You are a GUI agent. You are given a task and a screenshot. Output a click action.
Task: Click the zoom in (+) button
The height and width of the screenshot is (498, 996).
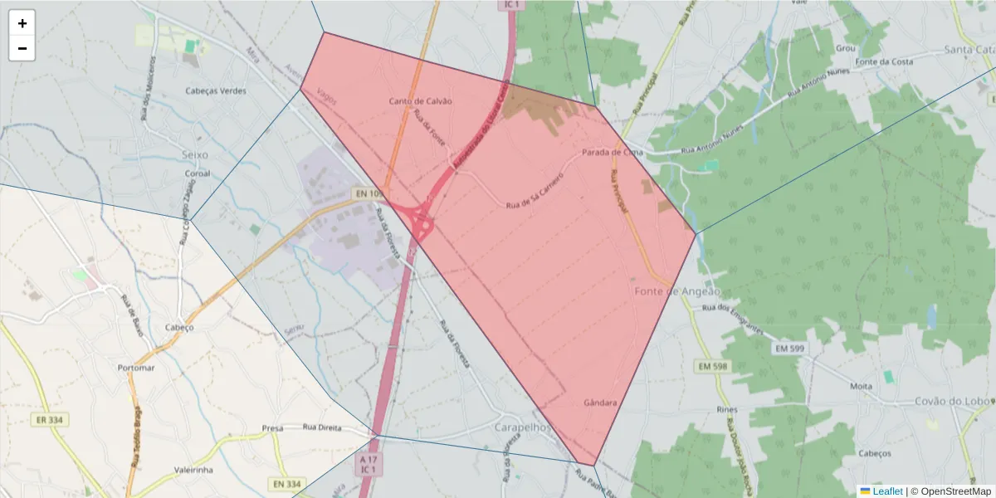(22, 23)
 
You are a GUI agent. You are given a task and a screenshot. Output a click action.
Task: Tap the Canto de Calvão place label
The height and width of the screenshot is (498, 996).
(420, 101)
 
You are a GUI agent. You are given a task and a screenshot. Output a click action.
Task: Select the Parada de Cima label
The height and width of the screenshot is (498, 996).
(613, 153)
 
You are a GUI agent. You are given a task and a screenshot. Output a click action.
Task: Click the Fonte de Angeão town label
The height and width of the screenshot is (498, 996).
(677, 292)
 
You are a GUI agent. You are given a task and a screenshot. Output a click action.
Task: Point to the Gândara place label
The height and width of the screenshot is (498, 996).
(600, 403)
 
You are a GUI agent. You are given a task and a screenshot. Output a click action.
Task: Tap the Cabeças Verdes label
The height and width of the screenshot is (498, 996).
(216, 91)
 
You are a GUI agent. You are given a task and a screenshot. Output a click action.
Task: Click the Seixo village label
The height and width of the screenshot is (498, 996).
(194, 155)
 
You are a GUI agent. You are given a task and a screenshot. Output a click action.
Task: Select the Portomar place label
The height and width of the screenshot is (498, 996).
(136, 368)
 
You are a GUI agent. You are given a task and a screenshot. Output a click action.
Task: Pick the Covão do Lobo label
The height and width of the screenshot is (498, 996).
(952, 402)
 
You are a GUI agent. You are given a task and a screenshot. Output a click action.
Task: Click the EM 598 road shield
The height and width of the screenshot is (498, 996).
(712, 366)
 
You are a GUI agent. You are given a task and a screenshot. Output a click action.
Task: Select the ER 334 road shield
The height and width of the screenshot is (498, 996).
(50, 420)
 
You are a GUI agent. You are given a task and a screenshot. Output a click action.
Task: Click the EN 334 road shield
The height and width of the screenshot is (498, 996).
(287, 484)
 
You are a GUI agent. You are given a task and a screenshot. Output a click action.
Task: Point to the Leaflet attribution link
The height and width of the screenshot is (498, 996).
(886, 491)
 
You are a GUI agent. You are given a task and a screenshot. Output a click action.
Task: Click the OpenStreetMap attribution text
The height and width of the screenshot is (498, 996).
(954, 491)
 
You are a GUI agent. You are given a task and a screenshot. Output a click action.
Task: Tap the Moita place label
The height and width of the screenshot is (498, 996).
(861, 387)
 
